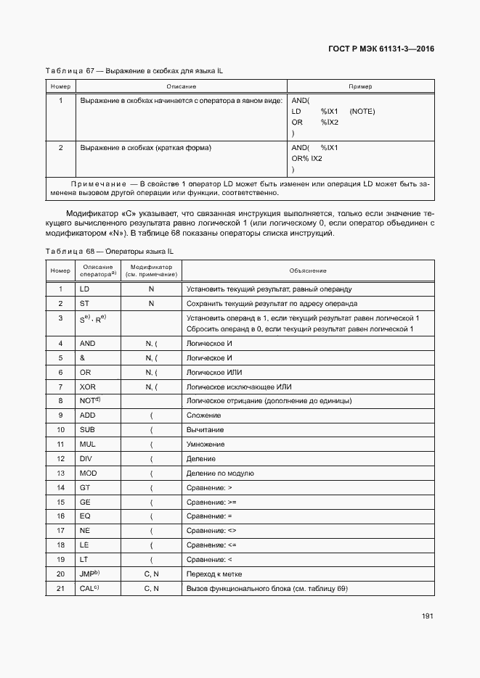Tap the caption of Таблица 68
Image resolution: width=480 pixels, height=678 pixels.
pyautogui.click(x=109, y=251)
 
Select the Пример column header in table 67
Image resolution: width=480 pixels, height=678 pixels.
pyautogui.click(x=359, y=86)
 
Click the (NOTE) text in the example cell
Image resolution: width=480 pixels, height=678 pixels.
pyautogui.click(x=362, y=112)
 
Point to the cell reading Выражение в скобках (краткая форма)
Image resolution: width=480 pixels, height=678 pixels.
pyautogui.click(x=145, y=148)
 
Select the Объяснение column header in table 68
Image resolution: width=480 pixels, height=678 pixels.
pyautogui.click(x=307, y=270)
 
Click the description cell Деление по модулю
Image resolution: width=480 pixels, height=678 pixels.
pyautogui.click(x=219, y=473)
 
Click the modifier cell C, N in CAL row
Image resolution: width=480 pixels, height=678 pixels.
pyautogui.click(x=151, y=588)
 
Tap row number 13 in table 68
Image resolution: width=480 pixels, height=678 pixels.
pyautogui.click(x=60, y=473)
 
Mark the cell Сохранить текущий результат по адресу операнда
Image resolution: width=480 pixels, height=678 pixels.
pyautogui.click(x=271, y=303)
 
